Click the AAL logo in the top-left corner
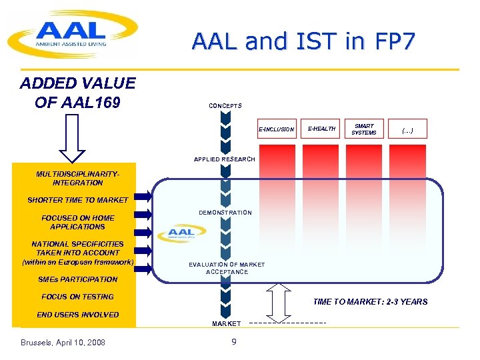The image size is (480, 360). pos(71,34)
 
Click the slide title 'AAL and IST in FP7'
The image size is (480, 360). pos(303,41)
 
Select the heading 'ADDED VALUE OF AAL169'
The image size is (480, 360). pos(77,93)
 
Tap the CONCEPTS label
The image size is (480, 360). pos(225,106)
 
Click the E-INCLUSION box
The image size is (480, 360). pos(277,129)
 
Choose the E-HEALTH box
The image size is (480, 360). pos(321,129)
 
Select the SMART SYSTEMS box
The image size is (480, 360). pos(365,129)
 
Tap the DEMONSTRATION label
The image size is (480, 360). pos(225,213)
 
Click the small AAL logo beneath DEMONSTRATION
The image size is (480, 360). pos(182,234)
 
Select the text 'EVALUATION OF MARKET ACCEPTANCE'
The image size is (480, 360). pos(227,268)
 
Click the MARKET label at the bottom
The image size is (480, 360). pos(227,323)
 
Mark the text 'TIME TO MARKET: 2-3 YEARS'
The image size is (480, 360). pos(370,302)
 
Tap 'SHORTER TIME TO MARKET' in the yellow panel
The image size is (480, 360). pos(77,200)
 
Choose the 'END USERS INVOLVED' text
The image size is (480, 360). pos(77,315)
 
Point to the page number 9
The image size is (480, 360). pos(233,342)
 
